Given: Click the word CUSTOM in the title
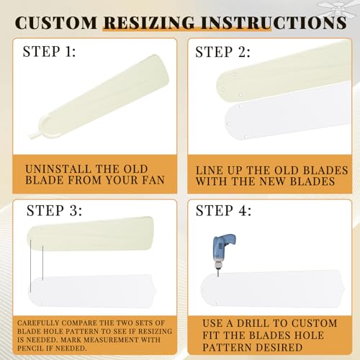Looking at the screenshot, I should pyautogui.click(x=57, y=22).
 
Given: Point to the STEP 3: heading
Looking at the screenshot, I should pyautogui.click(x=55, y=211).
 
